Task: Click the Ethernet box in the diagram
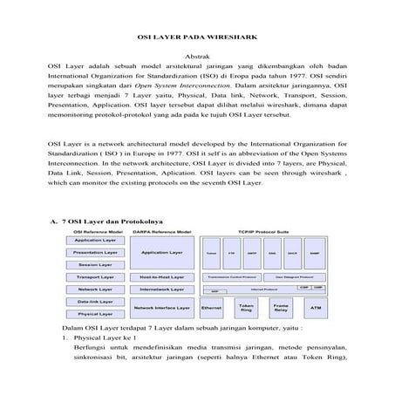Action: tap(212, 308)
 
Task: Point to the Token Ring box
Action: tap(247, 308)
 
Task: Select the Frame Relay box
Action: tap(281, 308)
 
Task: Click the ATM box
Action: tap(315, 308)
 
